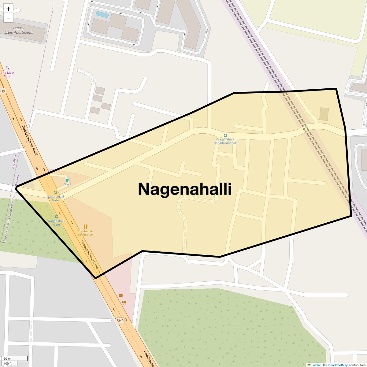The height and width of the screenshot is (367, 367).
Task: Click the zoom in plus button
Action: click(8, 9)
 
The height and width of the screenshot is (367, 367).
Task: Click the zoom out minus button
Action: click(8, 18)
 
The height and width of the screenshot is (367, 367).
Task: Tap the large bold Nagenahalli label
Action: click(185, 189)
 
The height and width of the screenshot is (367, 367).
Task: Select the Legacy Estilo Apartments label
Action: click(19, 30)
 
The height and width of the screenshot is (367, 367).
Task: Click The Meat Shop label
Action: click(8, 74)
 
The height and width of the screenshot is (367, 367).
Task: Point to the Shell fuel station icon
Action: click(67, 180)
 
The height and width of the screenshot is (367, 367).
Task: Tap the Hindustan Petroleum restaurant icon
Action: click(86, 227)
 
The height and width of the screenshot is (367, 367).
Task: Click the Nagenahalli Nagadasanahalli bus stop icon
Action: click(225, 135)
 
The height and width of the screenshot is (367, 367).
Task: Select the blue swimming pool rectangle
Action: click(102, 15)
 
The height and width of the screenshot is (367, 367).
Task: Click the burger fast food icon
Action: click(121, 295)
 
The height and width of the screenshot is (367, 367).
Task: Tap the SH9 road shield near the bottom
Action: click(120, 321)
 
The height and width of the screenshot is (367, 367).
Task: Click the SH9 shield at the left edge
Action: click(2, 91)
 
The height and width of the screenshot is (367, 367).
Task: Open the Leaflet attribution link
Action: click(316, 365)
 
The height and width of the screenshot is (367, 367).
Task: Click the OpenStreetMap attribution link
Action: click(337, 365)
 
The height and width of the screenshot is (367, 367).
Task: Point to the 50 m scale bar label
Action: click(7, 358)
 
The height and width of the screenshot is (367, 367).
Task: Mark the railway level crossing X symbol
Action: click(304, 129)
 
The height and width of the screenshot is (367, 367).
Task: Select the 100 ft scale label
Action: click(8, 363)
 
